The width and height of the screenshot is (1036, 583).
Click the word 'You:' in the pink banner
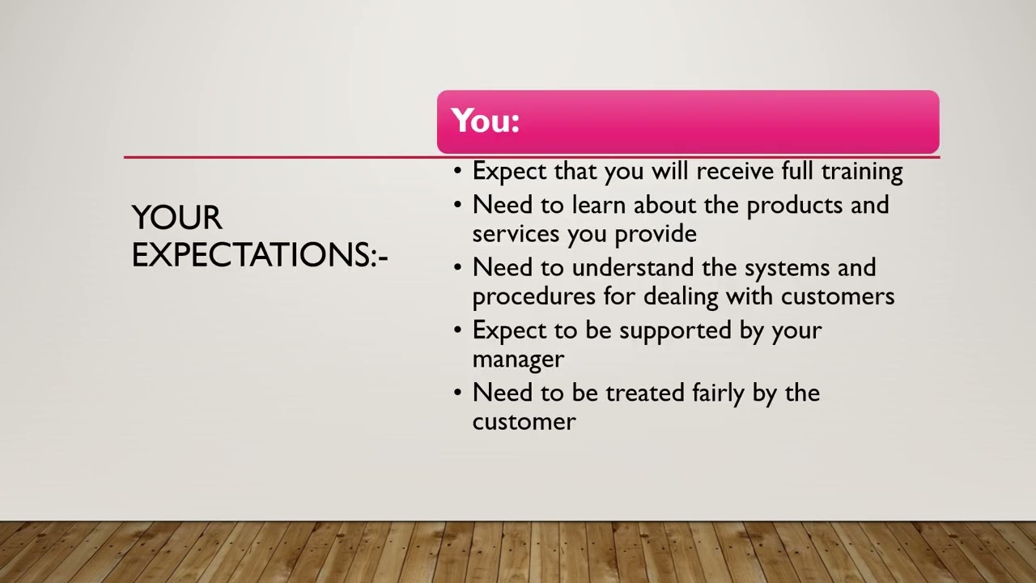[485, 121]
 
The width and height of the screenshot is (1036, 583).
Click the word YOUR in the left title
[176, 218]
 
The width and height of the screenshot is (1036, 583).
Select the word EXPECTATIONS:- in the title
[260, 254]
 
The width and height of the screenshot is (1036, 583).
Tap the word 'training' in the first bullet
[862, 172]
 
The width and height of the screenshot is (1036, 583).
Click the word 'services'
[516, 234]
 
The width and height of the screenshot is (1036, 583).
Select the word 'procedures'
[534, 296]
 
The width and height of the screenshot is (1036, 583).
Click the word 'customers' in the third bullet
[838, 296]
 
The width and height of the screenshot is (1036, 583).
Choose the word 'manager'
[518, 359]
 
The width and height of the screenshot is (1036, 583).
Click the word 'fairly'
[718, 394]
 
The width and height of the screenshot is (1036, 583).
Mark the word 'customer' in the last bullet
[524, 422]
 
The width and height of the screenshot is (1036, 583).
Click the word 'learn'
[599, 206]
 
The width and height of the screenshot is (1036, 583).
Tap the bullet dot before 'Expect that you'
[458, 172]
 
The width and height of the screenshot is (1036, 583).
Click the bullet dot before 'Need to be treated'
[458, 394]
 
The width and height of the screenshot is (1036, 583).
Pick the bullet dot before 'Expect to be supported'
[458, 331]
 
